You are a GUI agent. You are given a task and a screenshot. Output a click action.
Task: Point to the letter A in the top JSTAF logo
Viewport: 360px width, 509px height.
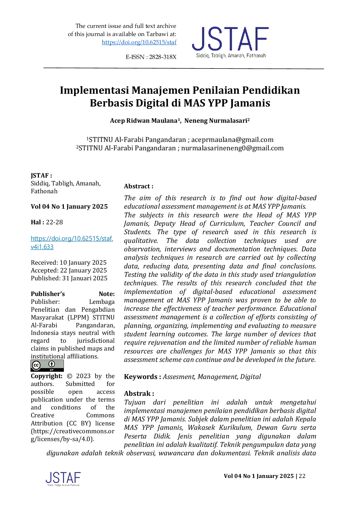(245, 38)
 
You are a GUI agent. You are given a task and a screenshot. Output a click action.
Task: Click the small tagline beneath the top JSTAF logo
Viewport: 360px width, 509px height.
(231, 56)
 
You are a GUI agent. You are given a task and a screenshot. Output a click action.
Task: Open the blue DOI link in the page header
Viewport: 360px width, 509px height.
(139, 42)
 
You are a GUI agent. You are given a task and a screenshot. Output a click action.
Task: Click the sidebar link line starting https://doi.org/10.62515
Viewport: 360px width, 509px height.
(72, 239)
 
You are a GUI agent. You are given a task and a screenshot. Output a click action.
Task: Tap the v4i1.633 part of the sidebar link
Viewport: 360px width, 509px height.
(42, 247)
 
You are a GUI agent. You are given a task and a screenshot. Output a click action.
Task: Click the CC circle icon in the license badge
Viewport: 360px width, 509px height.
(36, 365)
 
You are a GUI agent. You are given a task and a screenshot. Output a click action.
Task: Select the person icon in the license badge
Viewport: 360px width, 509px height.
(52, 364)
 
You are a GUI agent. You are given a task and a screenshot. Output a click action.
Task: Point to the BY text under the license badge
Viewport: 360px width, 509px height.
(52, 370)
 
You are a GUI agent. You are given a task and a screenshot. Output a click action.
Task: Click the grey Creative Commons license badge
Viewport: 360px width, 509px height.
(48, 365)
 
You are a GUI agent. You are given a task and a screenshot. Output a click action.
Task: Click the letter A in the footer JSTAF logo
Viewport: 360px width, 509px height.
(70, 478)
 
